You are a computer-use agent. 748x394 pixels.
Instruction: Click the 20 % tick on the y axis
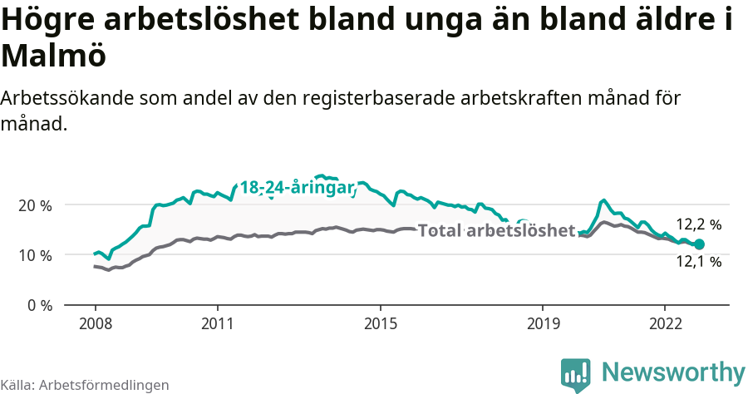[x=33, y=205]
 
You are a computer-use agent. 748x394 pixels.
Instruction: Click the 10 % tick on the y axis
[x=33, y=255]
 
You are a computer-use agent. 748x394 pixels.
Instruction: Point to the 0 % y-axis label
[x=37, y=305]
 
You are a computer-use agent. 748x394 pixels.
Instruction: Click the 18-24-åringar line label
[x=297, y=188]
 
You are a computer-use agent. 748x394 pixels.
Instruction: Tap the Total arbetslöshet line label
[x=496, y=230]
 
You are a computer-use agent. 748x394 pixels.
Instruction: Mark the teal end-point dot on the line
[x=700, y=244]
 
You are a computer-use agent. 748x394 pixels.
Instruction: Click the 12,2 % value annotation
[x=698, y=224]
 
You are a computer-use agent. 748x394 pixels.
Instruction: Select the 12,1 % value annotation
[x=698, y=262]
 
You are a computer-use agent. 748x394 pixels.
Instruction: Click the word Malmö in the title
[x=54, y=57]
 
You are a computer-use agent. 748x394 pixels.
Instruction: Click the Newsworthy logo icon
[x=576, y=375]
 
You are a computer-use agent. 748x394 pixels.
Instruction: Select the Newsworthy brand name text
[x=673, y=372]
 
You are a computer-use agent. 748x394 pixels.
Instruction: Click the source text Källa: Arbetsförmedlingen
[x=85, y=385]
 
